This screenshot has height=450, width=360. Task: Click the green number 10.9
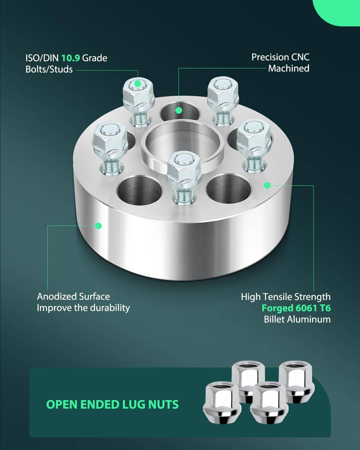coord(70,58)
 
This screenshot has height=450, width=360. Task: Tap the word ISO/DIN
coord(42,58)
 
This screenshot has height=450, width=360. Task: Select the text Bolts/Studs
coord(49,69)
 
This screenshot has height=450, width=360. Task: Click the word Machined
coord(289,68)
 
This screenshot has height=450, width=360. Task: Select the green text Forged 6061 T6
coord(296,308)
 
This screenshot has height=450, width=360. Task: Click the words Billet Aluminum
coord(297,319)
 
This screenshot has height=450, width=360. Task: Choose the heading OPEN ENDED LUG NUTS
coord(112,404)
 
